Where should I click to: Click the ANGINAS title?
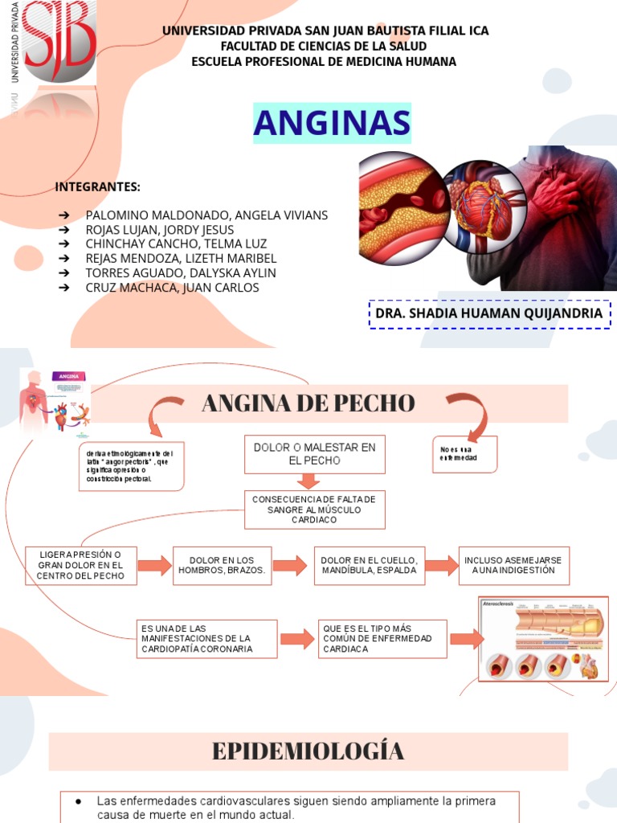pyautogui.click(x=332, y=124)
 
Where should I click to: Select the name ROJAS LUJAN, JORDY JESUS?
pyautogui.click(x=159, y=230)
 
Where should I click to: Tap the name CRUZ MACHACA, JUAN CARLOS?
pyautogui.click(x=172, y=288)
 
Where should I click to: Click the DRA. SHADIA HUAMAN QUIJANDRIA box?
pyautogui.click(x=488, y=313)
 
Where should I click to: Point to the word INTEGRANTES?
pyautogui.click(x=97, y=187)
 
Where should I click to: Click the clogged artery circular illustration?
pyautogui.click(x=402, y=202)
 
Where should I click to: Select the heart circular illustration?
pyautogui.click(x=481, y=204)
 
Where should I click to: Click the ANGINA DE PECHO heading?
pyautogui.click(x=308, y=403)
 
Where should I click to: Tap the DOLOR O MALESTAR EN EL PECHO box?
pyautogui.click(x=314, y=454)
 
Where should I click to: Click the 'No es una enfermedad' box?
pyautogui.click(x=464, y=454)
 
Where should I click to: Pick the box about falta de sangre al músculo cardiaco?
pyautogui.click(x=314, y=510)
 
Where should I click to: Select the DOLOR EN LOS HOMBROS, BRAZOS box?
pyautogui.click(x=222, y=565)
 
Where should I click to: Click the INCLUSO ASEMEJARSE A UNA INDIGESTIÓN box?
pyautogui.click(x=513, y=565)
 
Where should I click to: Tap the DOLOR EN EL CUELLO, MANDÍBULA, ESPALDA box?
pyautogui.click(x=369, y=565)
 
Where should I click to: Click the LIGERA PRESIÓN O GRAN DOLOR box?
pyautogui.click(x=81, y=565)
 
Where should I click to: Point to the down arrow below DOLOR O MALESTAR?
pyautogui.click(x=308, y=481)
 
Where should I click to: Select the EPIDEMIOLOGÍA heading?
pyautogui.click(x=308, y=751)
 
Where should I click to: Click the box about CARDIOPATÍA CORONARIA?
pyautogui.click(x=208, y=639)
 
